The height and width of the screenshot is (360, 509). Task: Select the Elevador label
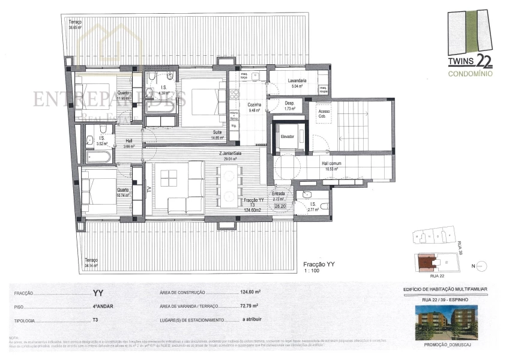pos(288,137)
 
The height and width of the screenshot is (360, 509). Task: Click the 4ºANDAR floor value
pos(101,307)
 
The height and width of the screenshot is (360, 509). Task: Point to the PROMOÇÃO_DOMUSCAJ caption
pos(446,346)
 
